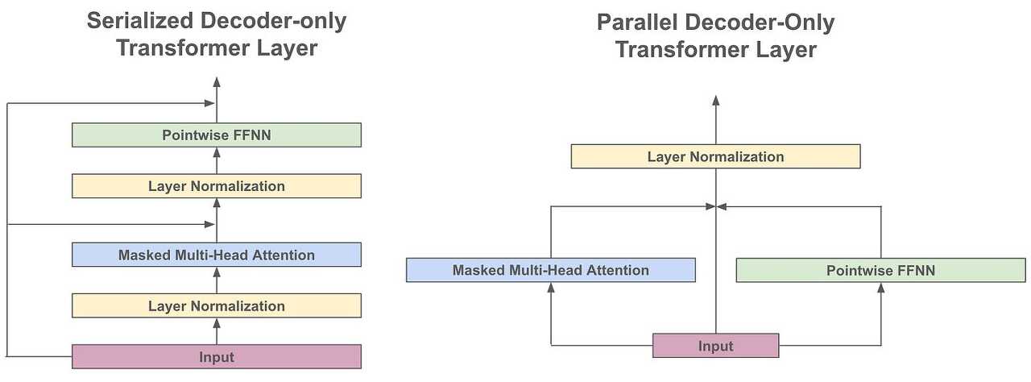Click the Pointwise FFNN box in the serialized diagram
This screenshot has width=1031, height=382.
coord(216,135)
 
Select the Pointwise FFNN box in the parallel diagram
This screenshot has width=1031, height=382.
coord(880,270)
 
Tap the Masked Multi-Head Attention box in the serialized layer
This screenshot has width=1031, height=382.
coord(216,255)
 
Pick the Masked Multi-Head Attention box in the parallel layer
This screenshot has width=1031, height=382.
coord(550,270)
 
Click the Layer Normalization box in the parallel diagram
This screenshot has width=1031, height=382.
coord(715,156)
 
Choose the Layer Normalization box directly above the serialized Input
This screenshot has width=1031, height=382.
coord(216,305)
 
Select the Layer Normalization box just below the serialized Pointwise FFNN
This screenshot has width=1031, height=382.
coord(216,186)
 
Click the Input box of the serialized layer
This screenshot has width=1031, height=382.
coord(216,356)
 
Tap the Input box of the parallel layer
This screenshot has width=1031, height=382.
coord(715,346)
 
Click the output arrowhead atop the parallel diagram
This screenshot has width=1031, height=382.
coord(715,100)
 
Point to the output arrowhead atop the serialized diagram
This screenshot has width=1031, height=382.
coord(216,82)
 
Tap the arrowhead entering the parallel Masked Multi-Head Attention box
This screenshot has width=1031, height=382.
coord(550,288)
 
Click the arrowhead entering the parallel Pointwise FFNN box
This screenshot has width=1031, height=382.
coord(880,288)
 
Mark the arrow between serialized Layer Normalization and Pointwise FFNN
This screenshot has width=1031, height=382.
coord(216,160)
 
